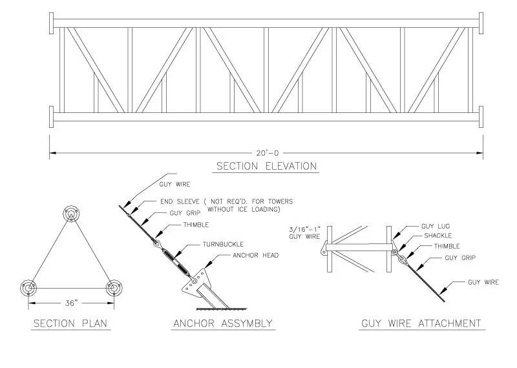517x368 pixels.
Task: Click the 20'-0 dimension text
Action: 266,153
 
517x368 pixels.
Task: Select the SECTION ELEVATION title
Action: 266,167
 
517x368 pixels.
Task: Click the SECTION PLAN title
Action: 70,323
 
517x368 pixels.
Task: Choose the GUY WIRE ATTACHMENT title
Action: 420,323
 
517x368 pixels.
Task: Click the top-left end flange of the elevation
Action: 51,23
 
